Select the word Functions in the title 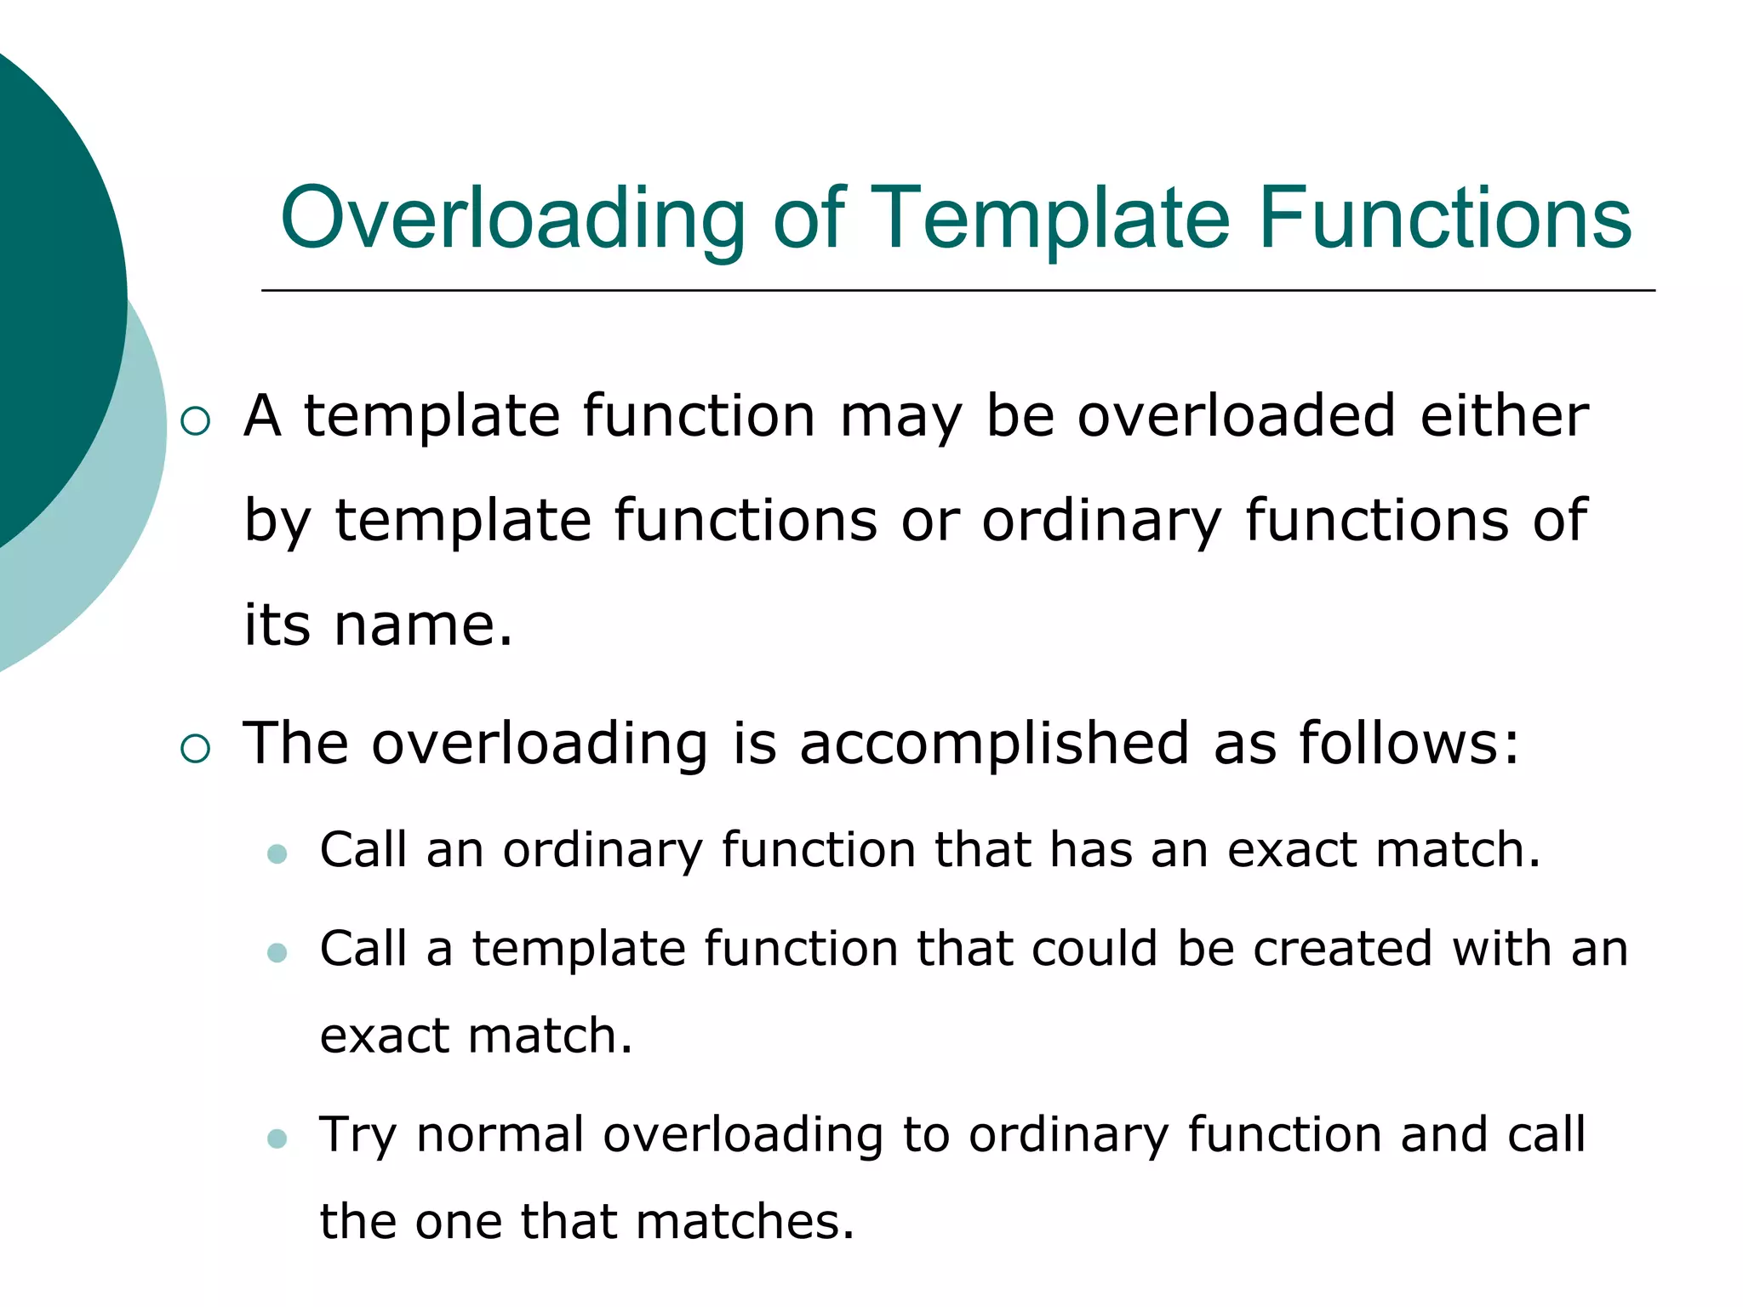coord(1444,219)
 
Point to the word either coord(1504,416)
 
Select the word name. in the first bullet coord(423,625)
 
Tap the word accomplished coord(993,744)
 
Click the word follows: coord(1409,744)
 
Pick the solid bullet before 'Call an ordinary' coord(277,853)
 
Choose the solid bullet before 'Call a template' coord(277,952)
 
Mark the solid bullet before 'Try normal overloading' coord(277,1139)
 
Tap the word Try coord(357,1136)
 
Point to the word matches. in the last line coord(744,1222)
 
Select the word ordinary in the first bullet coord(1101,521)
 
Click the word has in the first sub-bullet coord(1090,850)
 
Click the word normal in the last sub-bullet coord(500,1135)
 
